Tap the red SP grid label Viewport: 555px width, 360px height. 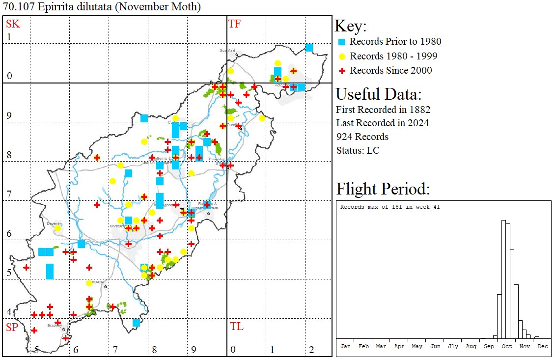click(12, 327)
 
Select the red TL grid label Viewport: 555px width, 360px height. click(236, 327)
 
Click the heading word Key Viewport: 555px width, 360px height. click(350, 26)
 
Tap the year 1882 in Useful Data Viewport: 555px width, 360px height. click(418, 109)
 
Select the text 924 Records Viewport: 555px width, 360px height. click(362, 137)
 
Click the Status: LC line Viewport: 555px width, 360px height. click(358, 150)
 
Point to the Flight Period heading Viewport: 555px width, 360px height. click(383, 189)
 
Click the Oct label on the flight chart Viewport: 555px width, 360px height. click(506, 346)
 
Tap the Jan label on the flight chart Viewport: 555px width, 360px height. click(345, 346)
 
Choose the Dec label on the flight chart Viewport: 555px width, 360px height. click(542, 346)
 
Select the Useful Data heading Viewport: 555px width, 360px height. click(378, 94)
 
